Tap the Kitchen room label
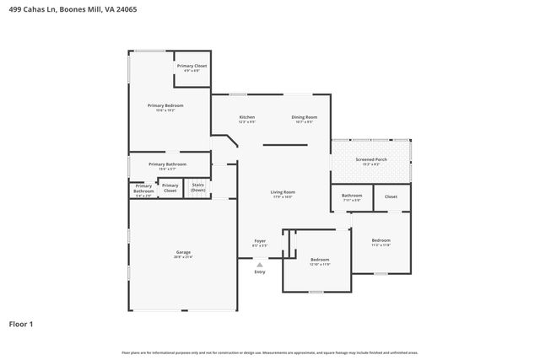pos(246,117)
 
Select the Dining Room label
pos(304,117)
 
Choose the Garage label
pos(183,252)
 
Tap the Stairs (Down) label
pos(198,187)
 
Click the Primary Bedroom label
pos(165,106)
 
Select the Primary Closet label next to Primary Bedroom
pos(192,66)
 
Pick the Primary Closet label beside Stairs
pos(170,187)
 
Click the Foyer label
pos(260,241)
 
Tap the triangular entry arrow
pos(260,265)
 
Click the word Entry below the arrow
pos(260,271)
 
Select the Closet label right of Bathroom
pos(391,196)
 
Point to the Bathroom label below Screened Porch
pos(351,196)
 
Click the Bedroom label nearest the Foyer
pos(319,260)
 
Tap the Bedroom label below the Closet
pos(381,241)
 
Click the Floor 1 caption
pos(21,323)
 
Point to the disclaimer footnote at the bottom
pos(269,352)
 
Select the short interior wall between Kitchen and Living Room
pos(284,145)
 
